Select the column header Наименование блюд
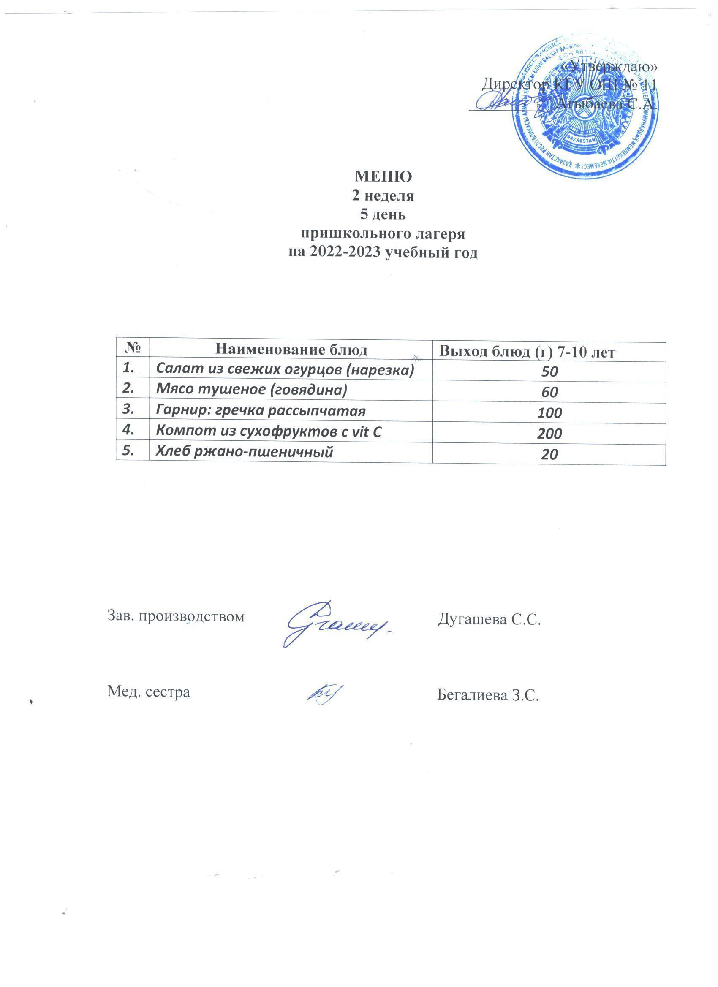pos(291,350)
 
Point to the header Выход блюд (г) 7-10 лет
pos(527,352)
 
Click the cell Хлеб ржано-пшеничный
pos(245,452)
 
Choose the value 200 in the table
pos(549,434)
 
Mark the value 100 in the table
pos(549,412)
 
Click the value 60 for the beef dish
pos(549,392)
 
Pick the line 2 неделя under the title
pos(383,196)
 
